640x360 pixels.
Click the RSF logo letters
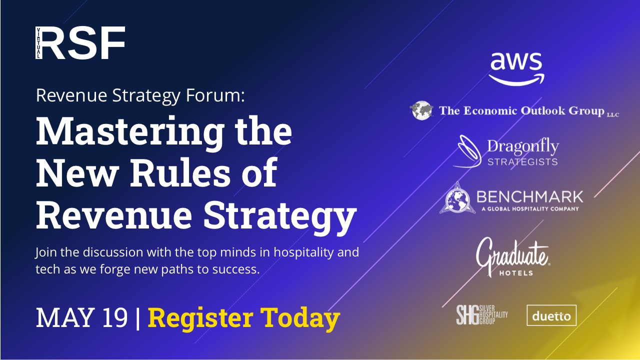pyautogui.click(x=83, y=43)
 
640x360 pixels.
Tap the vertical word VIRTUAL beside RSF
pyautogui.click(x=38, y=43)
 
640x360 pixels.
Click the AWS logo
pyautogui.click(x=516, y=69)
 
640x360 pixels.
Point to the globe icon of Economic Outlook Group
pyautogui.click(x=421, y=110)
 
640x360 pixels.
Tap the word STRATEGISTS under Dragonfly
pyautogui.click(x=522, y=162)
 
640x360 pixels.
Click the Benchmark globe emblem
pyautogui.click(x=457, y=198)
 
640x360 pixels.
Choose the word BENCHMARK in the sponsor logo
pyautogui.click(x=529, y=197)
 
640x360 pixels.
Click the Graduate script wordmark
pyautogui.click(x=512, y=255)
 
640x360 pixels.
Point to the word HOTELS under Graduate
pyautogui.click(x=516, y=273)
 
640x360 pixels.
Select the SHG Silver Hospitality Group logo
pyautogui.click(x=482, y=315)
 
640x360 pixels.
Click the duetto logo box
pyautogui.click(x=551, y=315)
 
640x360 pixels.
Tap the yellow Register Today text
pyautogui.click(x=243, y=318)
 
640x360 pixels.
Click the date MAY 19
pyautogui.click(x=81, y=317)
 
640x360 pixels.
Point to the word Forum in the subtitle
pyautogui.click(x=215, y=95)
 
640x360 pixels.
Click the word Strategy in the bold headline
pyautogui.click(x=280, y=216)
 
